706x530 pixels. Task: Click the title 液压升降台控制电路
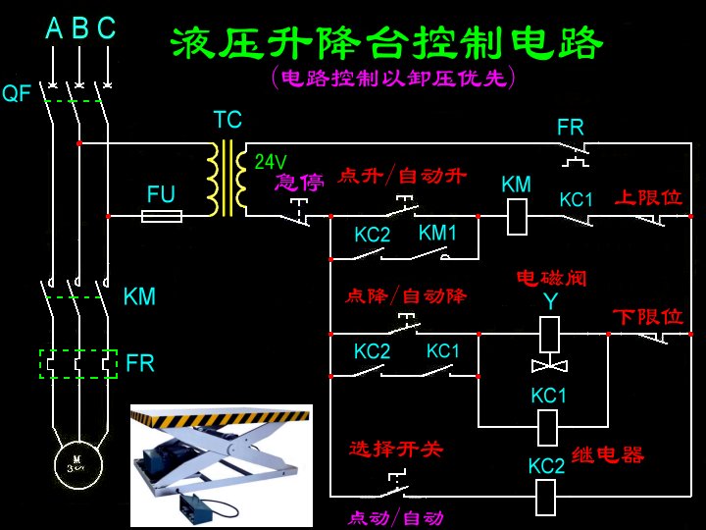386,44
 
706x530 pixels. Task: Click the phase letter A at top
53,28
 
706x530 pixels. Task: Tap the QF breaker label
18,94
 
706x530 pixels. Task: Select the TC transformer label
227,121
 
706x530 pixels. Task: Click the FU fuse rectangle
162,214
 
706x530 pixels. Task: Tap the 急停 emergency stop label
300,183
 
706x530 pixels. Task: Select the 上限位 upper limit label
647,196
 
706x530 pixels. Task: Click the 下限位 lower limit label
647,316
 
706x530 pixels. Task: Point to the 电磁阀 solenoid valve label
551,278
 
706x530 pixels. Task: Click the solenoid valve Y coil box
550,334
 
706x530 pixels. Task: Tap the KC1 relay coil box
548,424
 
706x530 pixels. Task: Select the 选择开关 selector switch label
396,450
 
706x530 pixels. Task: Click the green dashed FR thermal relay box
75,363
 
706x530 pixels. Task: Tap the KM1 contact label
437,234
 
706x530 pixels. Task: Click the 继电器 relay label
607,455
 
